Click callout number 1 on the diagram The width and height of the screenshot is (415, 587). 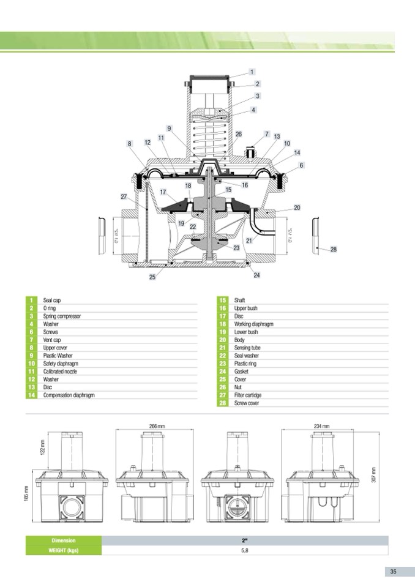(x=252, y=72)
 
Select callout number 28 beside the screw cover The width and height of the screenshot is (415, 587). (x=334, y=250)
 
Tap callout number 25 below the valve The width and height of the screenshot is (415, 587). (x=152, y=277)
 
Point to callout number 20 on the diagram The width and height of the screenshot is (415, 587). (x=297, y=208)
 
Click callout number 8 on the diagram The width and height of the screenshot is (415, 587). (x=130, y=143)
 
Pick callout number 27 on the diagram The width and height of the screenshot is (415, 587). (x=124, y=196)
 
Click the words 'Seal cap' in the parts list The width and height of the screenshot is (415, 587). (x=52, y=301)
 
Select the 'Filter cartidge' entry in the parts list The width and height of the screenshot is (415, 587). (x=247, y=395)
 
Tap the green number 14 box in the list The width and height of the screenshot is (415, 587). (x=31, y=395)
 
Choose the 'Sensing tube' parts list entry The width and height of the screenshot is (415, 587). (x=247, y=348)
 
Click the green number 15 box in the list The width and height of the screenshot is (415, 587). (x=222, y=301)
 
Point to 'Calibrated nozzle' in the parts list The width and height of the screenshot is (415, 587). (x=60, y=372)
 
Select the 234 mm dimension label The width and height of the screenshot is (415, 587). (x=321, y=425)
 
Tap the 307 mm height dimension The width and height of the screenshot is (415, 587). (x=373, y=474)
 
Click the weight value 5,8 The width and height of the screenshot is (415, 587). (x=244, y=550)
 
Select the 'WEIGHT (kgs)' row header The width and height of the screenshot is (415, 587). (x=64, y=550)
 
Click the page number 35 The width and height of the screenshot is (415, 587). (x=394, y=571)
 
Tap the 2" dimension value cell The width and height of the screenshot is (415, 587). (x=244, y=540)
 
